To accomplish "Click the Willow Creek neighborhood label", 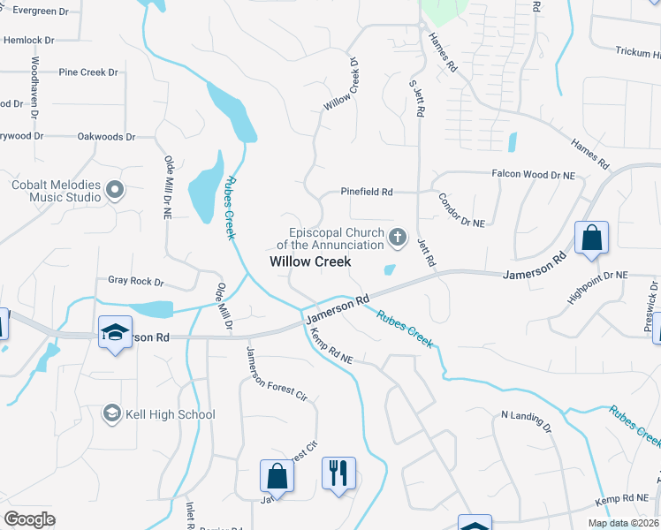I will [310, 261].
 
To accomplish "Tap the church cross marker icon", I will [398, 237].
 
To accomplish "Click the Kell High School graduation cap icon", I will [111, 413].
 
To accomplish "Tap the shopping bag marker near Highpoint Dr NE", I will [591, 238].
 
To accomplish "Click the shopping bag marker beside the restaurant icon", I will [277, 474].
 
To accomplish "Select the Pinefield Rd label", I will [367, 192].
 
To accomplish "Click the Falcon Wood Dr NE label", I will [533, 176].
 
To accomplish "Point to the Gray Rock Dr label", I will [136, 281].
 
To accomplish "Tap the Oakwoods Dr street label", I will [106, 137].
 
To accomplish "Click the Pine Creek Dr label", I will [88, 72].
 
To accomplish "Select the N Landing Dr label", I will [527, 420].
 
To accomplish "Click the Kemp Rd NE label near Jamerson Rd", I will [330, 347].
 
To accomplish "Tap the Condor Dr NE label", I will [461, 210].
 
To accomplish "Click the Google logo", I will [29, 519].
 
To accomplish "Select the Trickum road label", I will [634, 52].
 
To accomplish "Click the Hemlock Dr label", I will [29, 40].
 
